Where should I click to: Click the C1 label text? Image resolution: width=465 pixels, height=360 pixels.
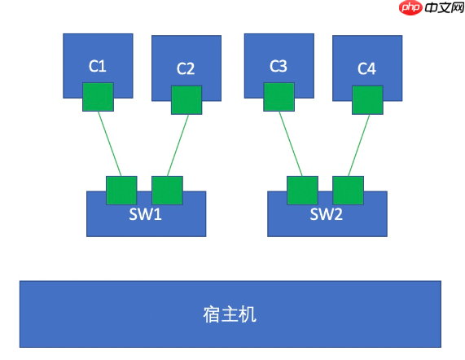98,66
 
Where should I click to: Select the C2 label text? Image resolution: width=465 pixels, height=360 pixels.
186,69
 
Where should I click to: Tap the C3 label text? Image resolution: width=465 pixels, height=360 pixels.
278,66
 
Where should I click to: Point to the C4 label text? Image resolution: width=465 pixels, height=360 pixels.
367,69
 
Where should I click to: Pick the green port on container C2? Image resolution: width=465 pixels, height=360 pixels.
186,100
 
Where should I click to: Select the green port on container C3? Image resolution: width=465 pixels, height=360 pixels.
278,96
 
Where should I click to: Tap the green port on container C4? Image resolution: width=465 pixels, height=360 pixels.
366,100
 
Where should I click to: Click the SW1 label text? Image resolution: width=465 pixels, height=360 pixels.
147,216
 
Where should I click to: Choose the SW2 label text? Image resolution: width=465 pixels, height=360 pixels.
327,215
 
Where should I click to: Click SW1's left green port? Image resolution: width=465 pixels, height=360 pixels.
121,190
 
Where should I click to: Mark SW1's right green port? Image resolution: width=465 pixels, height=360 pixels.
167,190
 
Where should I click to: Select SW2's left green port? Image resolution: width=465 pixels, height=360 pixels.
302,190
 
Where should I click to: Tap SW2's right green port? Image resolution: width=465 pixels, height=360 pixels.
348,190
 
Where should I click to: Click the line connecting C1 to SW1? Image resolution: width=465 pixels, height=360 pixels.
110,143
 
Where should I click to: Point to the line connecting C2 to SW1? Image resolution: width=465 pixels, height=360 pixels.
177,145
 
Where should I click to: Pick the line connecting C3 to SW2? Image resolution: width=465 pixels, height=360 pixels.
290,143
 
